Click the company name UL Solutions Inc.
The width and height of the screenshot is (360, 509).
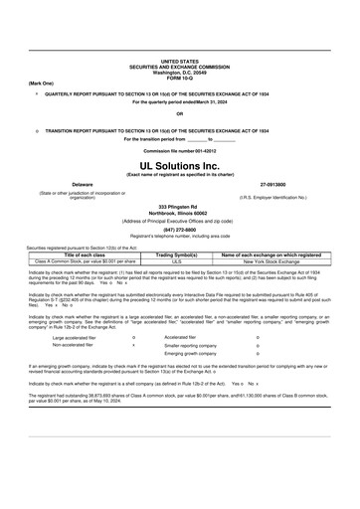[x=179, y=166]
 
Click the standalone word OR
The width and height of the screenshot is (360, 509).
[x=179, y=113]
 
